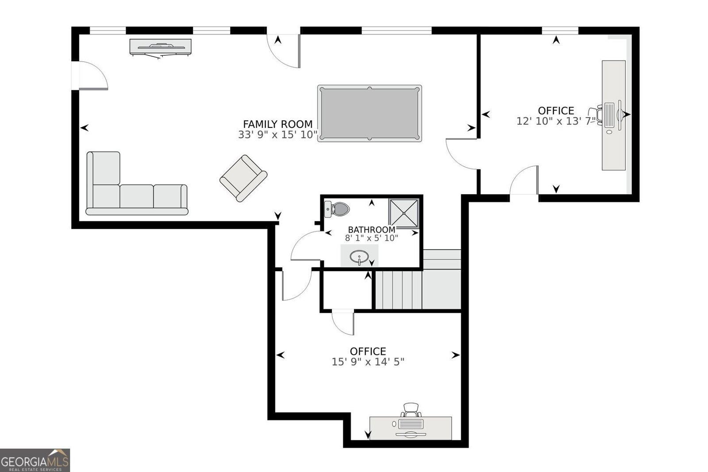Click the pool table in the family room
(369, 113)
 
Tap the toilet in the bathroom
(337, 209)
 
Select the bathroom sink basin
(359, 257)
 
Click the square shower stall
(404, 214)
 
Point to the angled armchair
(243, 178)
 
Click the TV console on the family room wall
(161, 47)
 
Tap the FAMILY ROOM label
(278, 124)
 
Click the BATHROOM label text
(372, 230)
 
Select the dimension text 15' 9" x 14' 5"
(368, 362)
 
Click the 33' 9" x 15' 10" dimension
(278, 134)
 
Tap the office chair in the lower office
(411, 410)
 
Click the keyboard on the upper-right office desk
(609, 115)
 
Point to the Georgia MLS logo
(35, 460)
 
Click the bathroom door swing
(306, 246)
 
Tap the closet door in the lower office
(343, 322)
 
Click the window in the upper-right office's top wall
(560, 31)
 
